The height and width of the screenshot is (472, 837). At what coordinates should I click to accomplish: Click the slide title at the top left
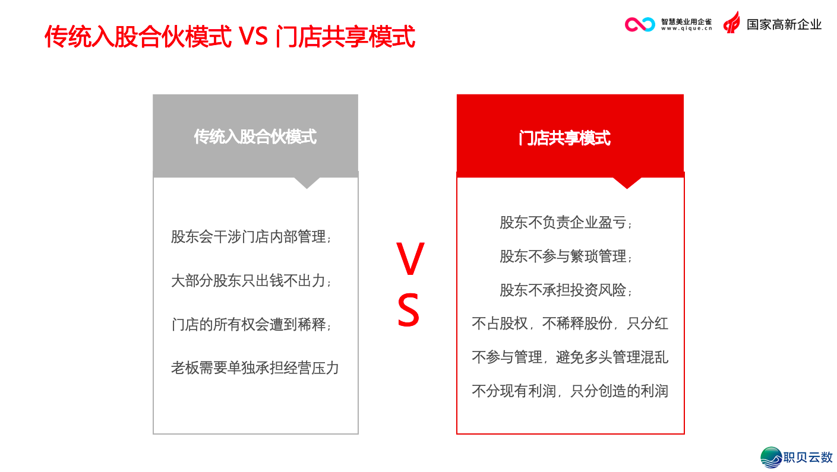(x=229, y=36)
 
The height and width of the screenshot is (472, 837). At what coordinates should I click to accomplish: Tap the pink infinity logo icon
(x=639, y=24)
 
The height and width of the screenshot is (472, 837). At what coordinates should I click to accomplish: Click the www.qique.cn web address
(x=686, y=28)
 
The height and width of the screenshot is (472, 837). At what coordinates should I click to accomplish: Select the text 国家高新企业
(x=784, y=24)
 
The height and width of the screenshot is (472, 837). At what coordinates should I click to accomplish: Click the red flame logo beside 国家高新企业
(x=732, y=23)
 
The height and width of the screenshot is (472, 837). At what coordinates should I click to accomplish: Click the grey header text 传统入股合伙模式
(x=255, y=137)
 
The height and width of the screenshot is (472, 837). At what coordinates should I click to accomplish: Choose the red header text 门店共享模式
(x=564, y=138)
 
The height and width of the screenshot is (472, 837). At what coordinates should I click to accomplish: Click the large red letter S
(x=409, y=311)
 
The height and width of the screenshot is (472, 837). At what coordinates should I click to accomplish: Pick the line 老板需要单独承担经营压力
(x=255, y=368)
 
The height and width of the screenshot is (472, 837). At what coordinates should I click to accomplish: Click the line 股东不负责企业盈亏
(x=566, y=223)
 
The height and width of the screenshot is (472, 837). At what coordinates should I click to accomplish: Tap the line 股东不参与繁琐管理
(x=566, y=256)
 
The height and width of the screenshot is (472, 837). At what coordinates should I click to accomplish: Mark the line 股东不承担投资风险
(x=566, y=290)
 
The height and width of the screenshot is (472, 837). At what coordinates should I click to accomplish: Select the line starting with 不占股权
(x=570, y=324)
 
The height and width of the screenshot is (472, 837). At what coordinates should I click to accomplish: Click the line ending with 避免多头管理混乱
(x=570, y=357)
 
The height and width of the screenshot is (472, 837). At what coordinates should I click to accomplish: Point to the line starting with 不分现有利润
(x=570, y=391)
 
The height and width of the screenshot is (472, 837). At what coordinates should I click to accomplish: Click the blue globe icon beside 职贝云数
(x=772, y=458)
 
